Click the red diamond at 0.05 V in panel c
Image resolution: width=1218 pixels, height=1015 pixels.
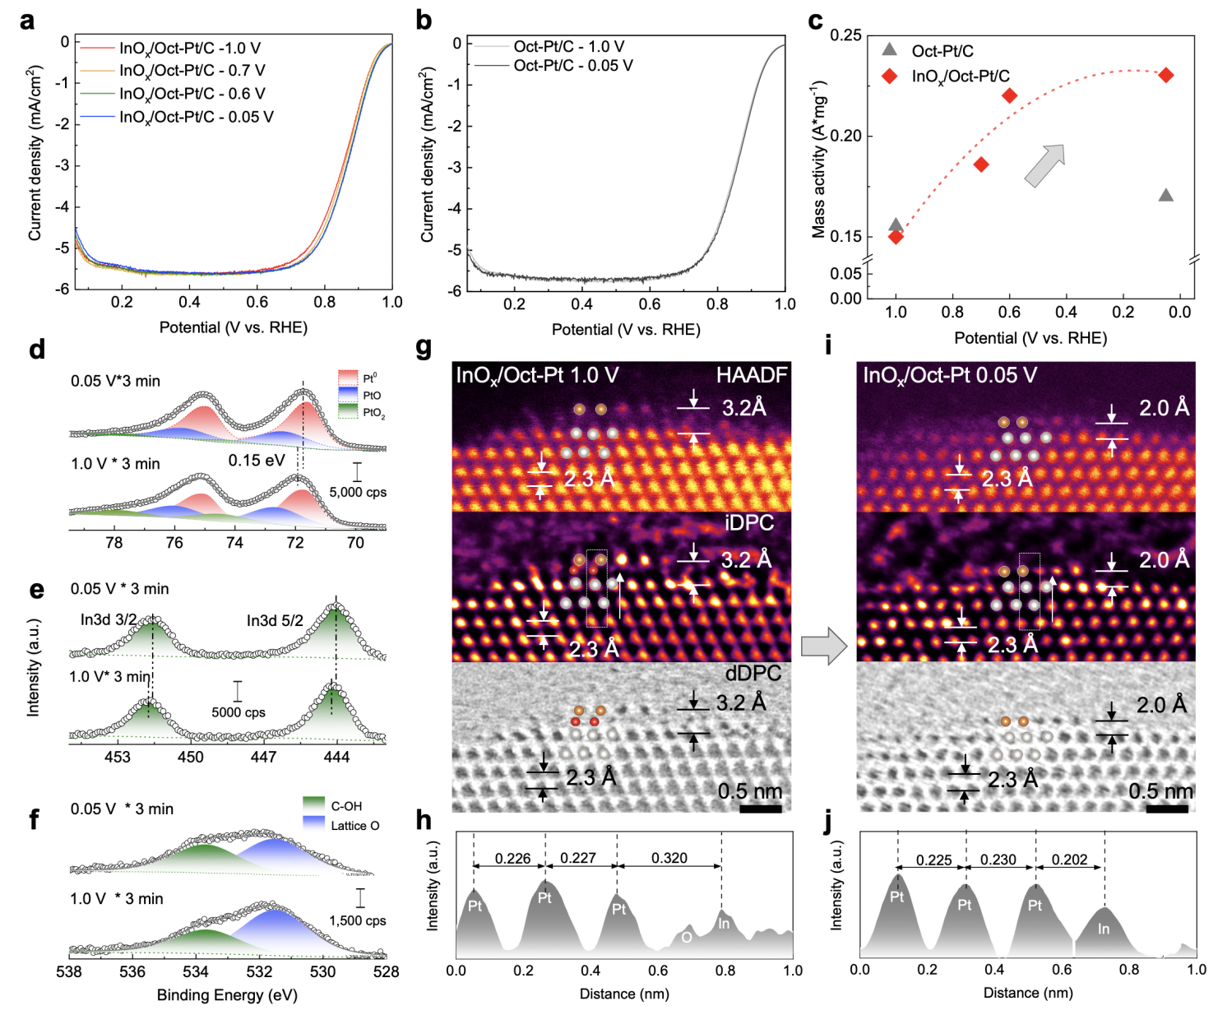(1165, 76)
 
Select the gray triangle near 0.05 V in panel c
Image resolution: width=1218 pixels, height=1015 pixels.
(1165, 195)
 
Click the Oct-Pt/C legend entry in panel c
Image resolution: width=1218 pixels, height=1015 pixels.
(942, 51)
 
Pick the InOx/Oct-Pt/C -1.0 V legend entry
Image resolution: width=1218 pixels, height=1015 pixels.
(189, 49)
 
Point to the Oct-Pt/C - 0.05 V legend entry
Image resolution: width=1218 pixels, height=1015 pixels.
(572, 66)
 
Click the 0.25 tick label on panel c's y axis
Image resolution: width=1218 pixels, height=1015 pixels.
(845, 35)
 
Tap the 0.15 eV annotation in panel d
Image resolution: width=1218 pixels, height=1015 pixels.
(257, 461)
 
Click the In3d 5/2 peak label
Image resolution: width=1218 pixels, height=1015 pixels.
(275, 621)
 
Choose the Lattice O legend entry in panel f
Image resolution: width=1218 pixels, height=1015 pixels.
(354, 825)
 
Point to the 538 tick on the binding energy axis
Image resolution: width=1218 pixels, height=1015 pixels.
(69, 971)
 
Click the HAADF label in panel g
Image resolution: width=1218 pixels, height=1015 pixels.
(751, 376)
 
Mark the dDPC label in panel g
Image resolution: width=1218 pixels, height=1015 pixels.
(753, 674)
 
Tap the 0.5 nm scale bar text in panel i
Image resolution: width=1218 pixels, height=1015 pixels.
(1160, 791)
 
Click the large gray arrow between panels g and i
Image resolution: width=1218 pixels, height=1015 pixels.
(823, 646)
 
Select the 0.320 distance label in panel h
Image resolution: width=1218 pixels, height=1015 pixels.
(669, 858)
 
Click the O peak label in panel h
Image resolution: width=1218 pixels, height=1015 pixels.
(686, 937)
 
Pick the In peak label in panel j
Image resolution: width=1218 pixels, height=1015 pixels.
(1104, 929)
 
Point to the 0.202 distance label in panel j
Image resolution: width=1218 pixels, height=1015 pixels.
(1069, 860)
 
